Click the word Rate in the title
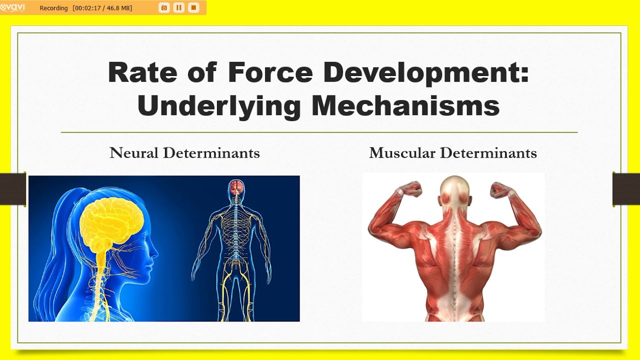pyautogui.click(x=142, y=72)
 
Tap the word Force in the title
pyautogui.click(x=270, y=72)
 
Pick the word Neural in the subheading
pyautogui.click(x=134, y=153)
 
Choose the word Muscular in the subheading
pyautogui.click(x=402, y=153)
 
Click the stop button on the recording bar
pyautogui.click(x=193, y=7)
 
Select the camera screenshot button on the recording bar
pyautogui.click(x=164, y=7)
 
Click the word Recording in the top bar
pyautogui.click(x=53, y=8)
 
